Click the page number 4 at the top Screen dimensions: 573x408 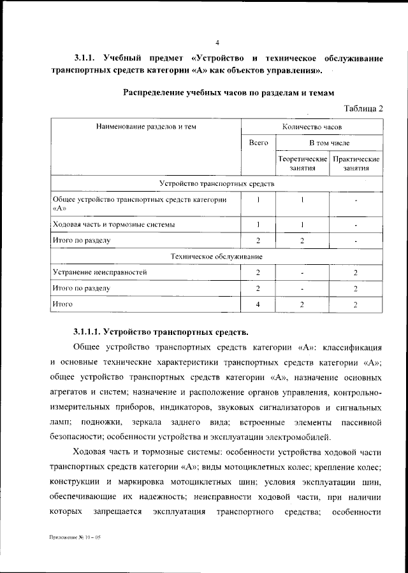tap(217, 43)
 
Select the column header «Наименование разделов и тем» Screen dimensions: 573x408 tap(146, 127)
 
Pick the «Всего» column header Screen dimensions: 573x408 tap(258, 144)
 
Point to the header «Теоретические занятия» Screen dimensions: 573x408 tap(302, 164)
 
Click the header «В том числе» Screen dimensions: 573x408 tap(330, 144)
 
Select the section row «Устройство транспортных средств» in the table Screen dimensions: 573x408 tap(217, 183)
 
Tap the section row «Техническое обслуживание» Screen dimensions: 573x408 tap(217, 256)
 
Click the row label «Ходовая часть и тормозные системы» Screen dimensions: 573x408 tap(113, 224)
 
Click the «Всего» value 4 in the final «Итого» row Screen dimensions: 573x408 tap(258, 305)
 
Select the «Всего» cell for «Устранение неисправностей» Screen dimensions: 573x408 tap(258, 272)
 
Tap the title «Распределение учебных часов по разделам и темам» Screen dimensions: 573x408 tap(228, 92)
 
